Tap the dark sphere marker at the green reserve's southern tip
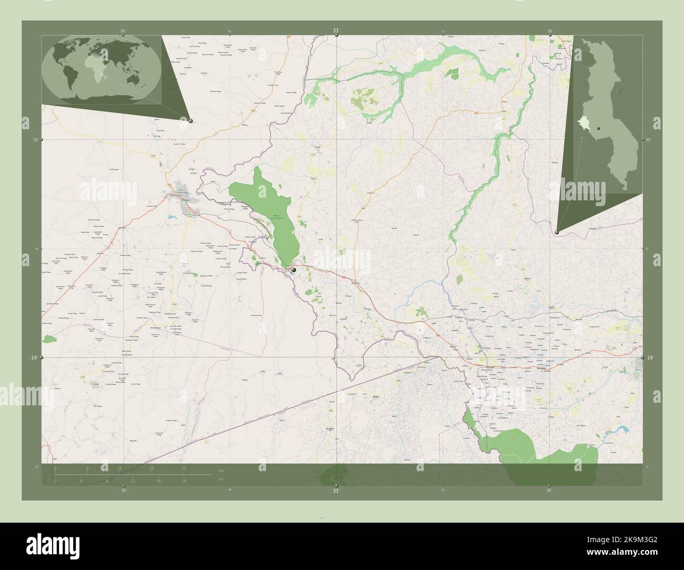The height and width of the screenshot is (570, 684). (294, 270)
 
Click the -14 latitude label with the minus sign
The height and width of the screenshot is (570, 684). (33, 358)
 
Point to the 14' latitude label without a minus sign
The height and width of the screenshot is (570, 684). (650, 358)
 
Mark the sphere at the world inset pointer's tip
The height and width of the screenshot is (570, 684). (190, 121)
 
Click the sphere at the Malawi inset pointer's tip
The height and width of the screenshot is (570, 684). (557, 231)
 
